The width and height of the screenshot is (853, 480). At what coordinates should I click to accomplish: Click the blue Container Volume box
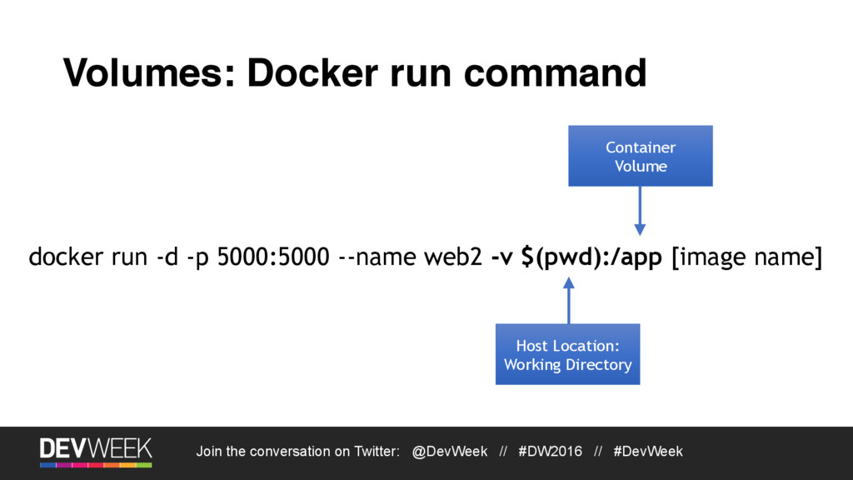coord(640,156)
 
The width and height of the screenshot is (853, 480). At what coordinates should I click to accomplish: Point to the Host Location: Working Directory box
coord(567,355)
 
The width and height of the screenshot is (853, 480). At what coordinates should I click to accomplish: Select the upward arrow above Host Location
coord(569,301)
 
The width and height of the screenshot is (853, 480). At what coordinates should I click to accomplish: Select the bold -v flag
coord(501,258)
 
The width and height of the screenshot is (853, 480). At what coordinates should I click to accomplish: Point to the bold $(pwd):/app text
coord(591,258)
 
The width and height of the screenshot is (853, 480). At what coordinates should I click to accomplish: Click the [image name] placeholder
coord(746,258)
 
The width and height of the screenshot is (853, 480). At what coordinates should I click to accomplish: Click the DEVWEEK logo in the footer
coord(96,451)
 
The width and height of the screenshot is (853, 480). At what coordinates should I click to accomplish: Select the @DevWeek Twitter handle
coord(450,452)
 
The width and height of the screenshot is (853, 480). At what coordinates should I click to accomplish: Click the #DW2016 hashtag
coord(550,452)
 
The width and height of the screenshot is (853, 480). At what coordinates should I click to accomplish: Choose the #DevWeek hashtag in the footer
coord(647,452)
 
